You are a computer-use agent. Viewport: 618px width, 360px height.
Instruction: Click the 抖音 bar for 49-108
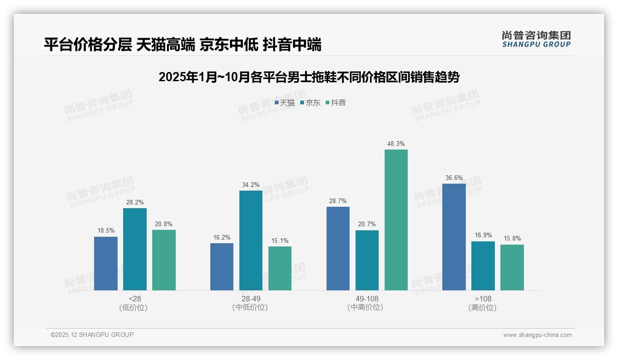(396, 220)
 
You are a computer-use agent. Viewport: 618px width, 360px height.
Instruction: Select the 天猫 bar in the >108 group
(454, 237)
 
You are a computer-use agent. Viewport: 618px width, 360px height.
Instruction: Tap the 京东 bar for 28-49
(251, 240)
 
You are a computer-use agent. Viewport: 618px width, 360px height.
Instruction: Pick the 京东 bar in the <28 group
(135, 249)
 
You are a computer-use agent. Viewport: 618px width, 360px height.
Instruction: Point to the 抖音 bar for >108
(512, 267)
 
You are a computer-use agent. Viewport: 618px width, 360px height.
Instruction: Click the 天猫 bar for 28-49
(222, 267)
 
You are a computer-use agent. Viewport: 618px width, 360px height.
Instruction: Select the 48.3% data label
(396, 144)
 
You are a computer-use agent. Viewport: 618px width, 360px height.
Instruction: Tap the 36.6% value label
(454, 178)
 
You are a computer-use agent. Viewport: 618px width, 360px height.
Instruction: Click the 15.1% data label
(280, 241)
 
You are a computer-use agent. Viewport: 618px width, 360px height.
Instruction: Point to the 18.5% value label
(106, 231)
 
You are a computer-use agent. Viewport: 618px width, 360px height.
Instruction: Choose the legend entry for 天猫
(285, 103)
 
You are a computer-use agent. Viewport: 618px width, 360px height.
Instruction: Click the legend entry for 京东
(310, 103)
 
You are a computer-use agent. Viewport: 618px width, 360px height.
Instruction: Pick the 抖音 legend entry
(336, 103)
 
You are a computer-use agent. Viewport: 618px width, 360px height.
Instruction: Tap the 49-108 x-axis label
(367, 299)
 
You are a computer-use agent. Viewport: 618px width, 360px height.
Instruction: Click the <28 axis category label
(135, 299)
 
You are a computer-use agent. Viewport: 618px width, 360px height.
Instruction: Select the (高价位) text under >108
(482, 307)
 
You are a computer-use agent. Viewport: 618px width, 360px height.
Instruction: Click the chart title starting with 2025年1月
(309, 77)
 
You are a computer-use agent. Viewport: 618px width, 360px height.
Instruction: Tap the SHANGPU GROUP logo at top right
(536, 39)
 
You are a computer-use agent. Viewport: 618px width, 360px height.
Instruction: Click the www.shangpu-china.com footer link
(537, 335)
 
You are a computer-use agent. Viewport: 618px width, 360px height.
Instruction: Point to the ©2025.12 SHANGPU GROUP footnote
(92, 335)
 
